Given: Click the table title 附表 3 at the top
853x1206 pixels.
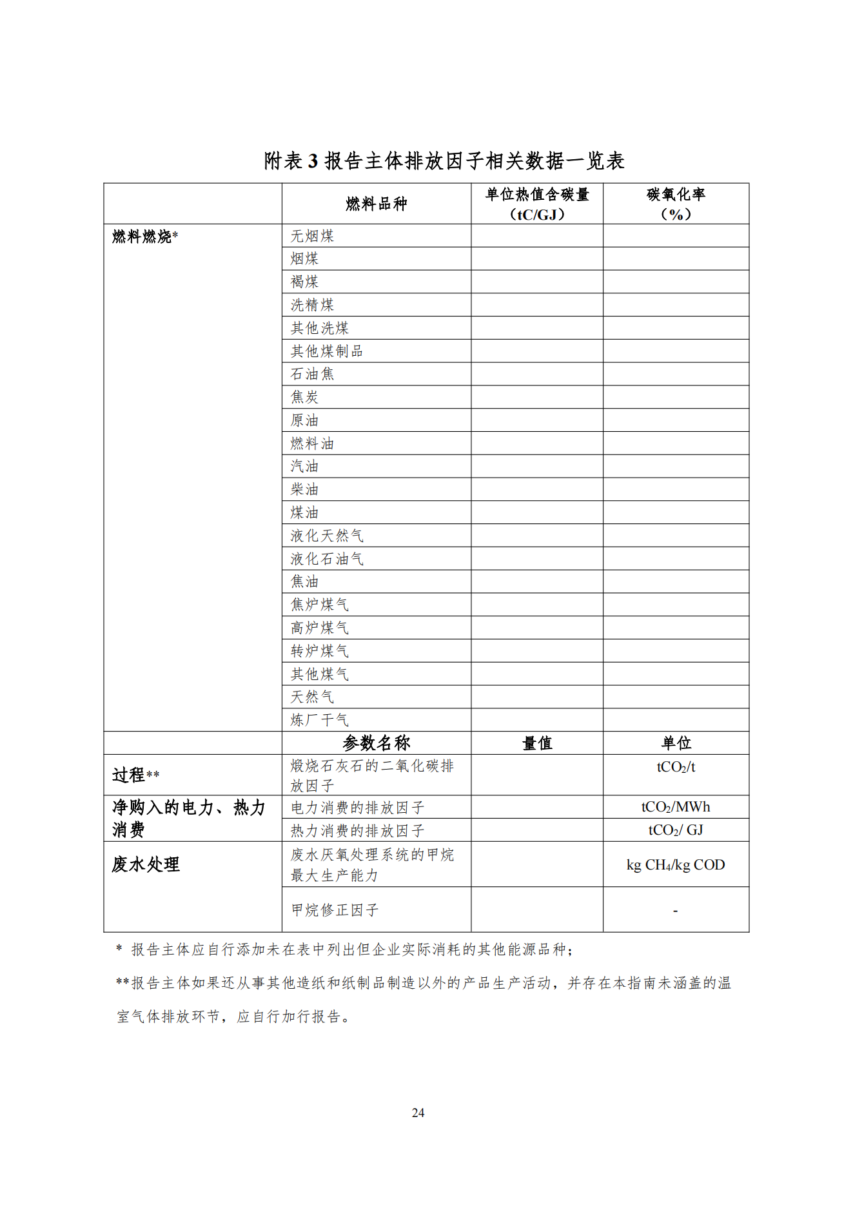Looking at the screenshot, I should (444, 160).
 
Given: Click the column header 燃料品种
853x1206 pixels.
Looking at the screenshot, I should (376, 204).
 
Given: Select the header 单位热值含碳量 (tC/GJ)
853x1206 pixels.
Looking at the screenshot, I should (536, 204).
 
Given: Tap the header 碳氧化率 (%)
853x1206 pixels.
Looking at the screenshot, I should (675, 204).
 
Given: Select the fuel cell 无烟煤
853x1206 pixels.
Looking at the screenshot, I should (312, 236).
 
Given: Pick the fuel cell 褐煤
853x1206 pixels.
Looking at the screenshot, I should (304, 282).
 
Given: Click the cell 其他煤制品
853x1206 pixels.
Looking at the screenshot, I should (326, 351).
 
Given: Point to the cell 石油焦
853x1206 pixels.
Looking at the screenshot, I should (312, 374).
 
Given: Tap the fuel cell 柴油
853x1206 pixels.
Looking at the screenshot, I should (304, 489).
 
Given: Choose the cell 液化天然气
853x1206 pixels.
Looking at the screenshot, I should (326, 536).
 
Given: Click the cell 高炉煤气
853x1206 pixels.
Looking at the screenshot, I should (319, 628).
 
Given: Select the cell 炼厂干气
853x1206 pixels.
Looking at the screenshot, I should (319, 720).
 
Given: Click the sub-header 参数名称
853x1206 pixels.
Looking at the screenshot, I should (376, 743).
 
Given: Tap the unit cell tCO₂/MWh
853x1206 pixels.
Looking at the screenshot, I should (675, 807).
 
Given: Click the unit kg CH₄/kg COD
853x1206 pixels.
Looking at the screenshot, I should (675, 865).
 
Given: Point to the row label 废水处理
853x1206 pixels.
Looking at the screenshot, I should (146, 864).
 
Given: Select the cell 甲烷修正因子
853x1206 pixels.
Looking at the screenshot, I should (334, 910).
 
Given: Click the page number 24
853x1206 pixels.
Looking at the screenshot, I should (418, 1113).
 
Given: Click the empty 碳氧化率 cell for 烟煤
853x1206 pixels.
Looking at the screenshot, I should (675, 259).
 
